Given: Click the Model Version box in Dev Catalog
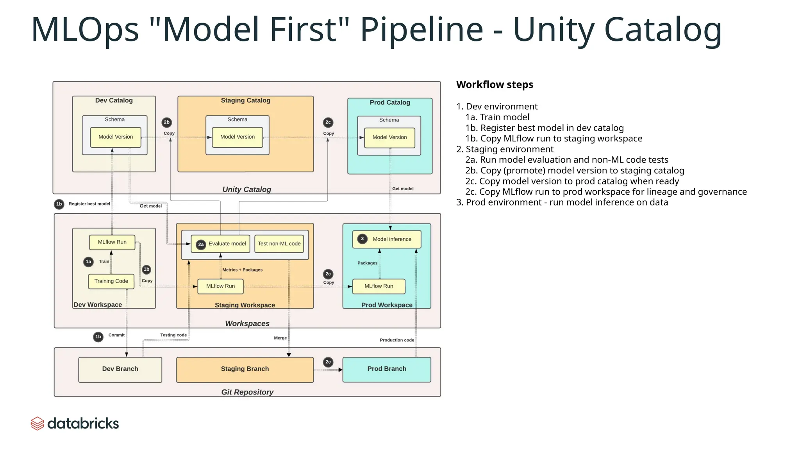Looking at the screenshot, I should click(116, 137).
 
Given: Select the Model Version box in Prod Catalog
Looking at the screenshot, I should click(389, 137).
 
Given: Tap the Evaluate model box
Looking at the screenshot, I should click(221, 244).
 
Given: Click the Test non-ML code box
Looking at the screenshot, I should click(279, 244).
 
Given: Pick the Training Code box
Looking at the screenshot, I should click(111, 281).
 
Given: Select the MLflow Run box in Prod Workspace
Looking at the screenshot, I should click(379, 286).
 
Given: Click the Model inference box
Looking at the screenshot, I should click(387, 239).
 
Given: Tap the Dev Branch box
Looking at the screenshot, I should click(120, 369).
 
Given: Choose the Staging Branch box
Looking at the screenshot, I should click(245, 369).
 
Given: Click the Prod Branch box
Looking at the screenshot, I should click(387, 369).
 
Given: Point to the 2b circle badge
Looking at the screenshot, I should click(167, 122).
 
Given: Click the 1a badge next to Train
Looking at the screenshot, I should click(89, 262).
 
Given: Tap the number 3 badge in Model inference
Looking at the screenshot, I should click(362, 239).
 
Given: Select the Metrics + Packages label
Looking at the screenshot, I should click(242, 270).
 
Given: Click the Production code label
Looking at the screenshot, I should click(396, 340).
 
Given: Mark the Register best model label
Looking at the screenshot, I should click(89, 204).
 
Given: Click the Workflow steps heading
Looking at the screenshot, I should click(495, 85).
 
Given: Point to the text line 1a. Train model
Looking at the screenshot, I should click(497, 117).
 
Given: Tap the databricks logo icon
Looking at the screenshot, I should click(37, 423).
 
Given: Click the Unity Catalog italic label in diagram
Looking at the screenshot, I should click(246, 189).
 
